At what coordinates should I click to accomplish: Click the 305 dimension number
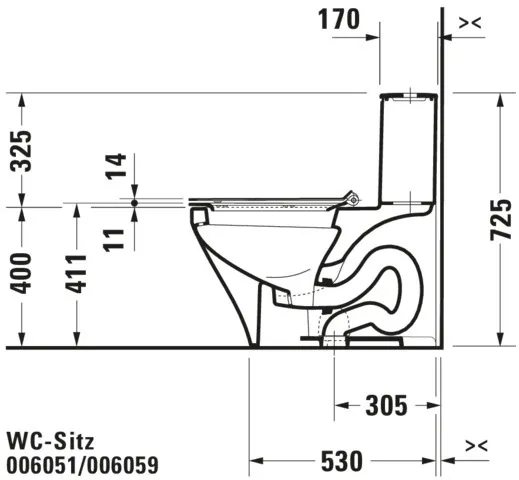pyautogui.click(x=384, y=405)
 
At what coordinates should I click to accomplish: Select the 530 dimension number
pyautogui.click(x=343, y=461)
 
